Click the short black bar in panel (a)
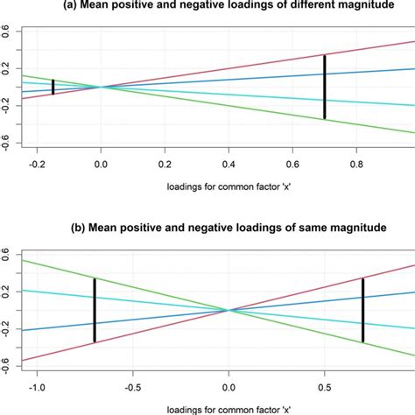(x=53, y=87)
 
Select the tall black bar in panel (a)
(x=325, y=87)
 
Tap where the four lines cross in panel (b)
(x=229, y=310)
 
